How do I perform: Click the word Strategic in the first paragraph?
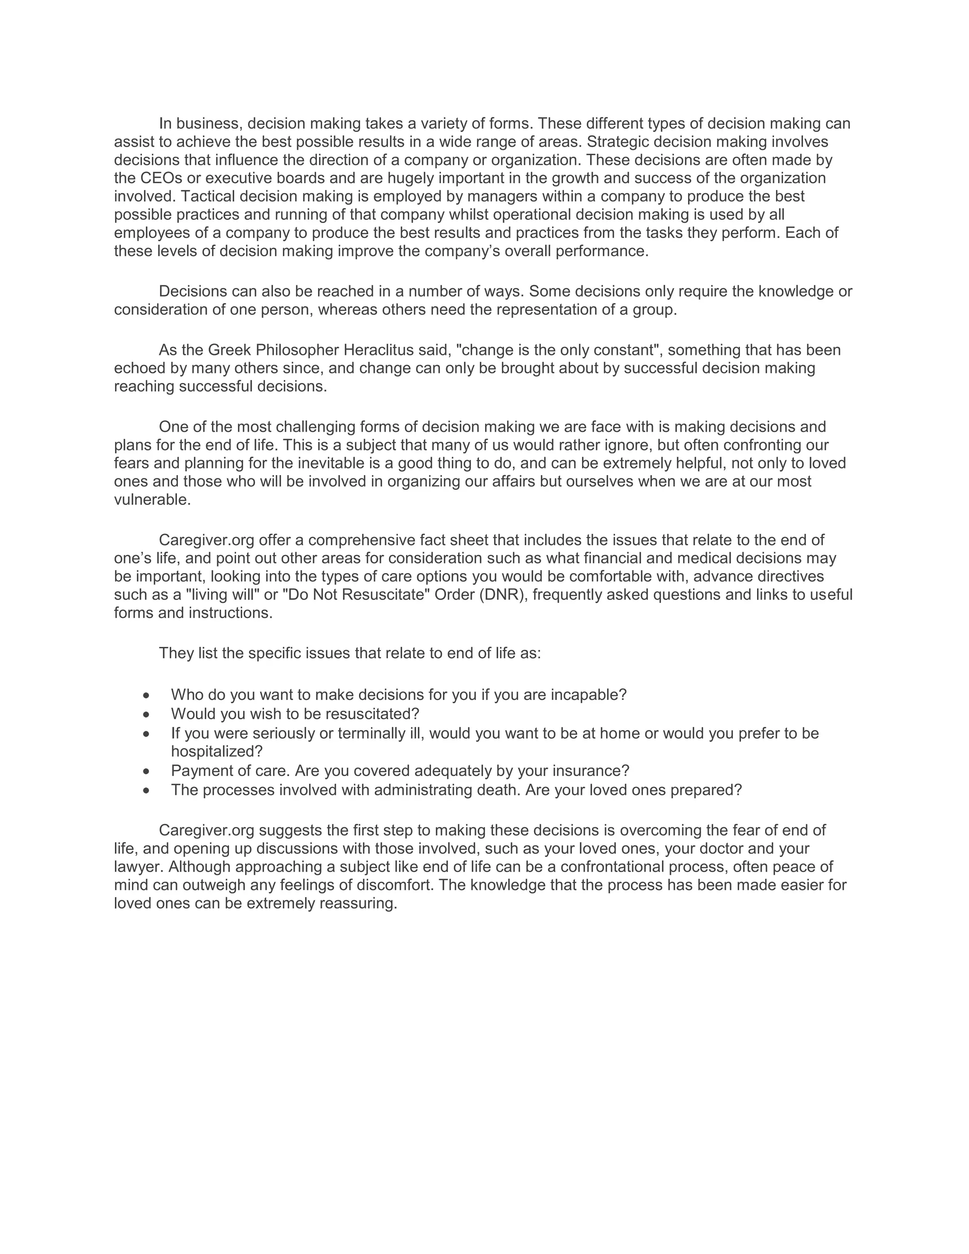pyautogui.click(x=618, y=142)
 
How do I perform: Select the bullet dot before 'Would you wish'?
pyautogui.click(x=147, y=714)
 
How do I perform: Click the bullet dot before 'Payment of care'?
pyautogui.click(x=147, y=771)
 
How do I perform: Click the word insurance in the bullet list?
pyautogui.click(x=585, y=770)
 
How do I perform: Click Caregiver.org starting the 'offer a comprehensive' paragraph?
pyautogui.click(x=206, y=540)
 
